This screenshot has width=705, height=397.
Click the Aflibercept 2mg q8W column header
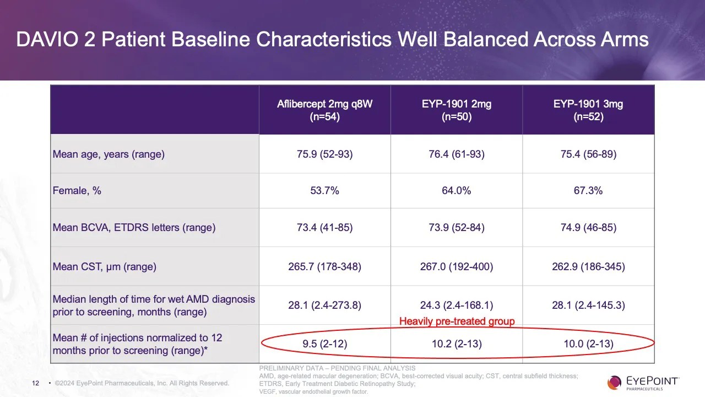pos(324,110)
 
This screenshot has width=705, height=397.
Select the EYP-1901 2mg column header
pos(457,110)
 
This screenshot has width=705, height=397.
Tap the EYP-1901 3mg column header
pos(588,110)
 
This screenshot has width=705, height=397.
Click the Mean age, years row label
pos(109,154)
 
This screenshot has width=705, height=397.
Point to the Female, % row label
pos(77,191)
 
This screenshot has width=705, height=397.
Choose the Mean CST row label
pos(105,267)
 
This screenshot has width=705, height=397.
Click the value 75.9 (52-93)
pos(324,154)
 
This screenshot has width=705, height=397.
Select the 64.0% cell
pos(457,191)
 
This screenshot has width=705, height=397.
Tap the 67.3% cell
pos(588,191)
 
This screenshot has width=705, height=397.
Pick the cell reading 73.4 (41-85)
pos(324,228)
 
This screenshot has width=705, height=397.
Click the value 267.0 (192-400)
pos(457,267)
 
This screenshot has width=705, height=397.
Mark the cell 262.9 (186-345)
pos(588,267)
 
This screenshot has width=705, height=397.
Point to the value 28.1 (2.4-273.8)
pos(324,305)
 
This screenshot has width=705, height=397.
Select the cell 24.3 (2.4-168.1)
pos(457,305)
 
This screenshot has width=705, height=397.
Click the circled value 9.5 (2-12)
pos(324,345)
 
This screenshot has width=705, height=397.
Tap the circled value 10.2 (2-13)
pos(457,345)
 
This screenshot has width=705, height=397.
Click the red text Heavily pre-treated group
pos(457,321)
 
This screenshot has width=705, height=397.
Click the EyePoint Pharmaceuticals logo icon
pos(614,382)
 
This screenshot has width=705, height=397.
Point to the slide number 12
pos(36,383)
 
